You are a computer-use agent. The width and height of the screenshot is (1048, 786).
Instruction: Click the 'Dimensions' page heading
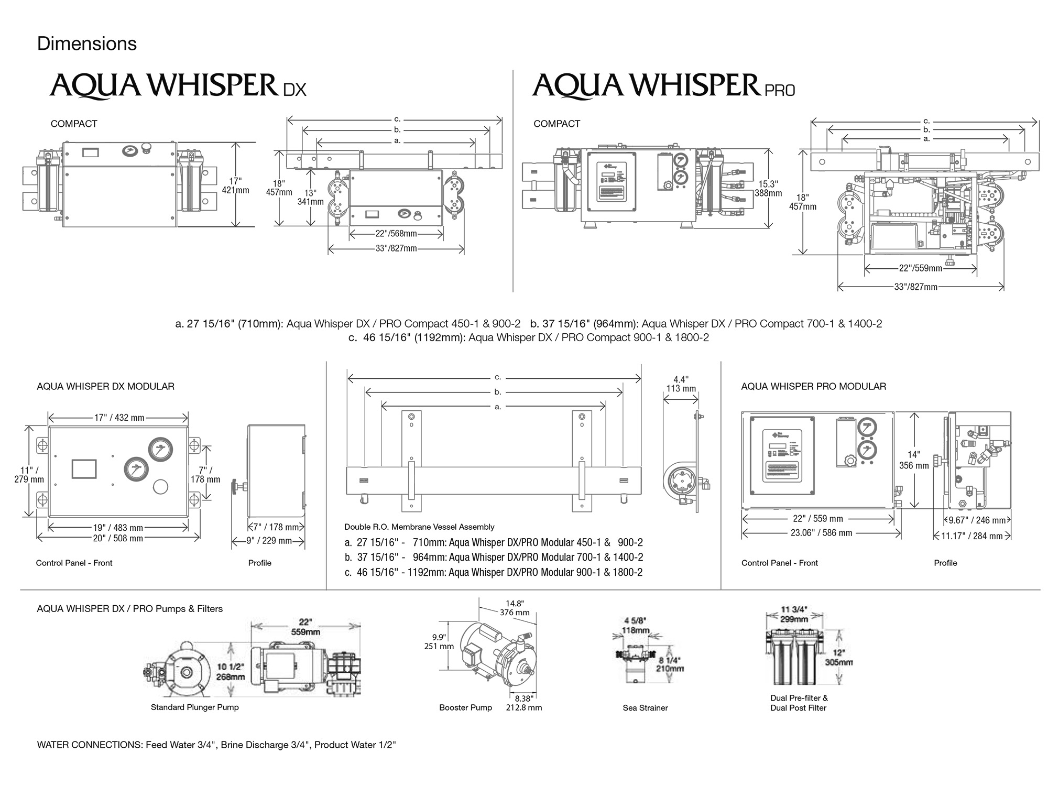pyautogui.click(x=87, y=43)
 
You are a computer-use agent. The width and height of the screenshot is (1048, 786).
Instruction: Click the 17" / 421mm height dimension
pyautogui.click(x=235, y=185)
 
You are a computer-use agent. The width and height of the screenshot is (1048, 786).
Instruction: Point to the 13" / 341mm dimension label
pyautogui.click(x=310, y=197)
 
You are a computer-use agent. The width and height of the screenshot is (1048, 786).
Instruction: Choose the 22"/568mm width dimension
pyautogui.click(x=396, y=234)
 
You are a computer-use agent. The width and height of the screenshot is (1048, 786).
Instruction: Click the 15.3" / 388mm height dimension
pyautogui.click(x=768, y=189)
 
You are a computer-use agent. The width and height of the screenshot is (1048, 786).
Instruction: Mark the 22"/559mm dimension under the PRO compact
pyautogui.click(x=920, y=268)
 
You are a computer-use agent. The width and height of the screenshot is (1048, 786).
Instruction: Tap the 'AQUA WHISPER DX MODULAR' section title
pyautogui.click(x=105, y=386)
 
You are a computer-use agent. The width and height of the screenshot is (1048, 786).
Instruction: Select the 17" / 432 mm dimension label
pyautogui.click(x=119, y=418)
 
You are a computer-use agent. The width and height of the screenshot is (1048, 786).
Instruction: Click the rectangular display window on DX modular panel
pyautogui.click(x=84, y=468)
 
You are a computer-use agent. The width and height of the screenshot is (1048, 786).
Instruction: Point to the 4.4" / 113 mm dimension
pyautogui.click(x=681, y=384)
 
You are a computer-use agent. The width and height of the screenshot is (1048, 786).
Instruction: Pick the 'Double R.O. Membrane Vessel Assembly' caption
pyautogui.click(x=419, y=527)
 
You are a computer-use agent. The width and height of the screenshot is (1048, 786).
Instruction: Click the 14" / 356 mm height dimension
pyautogui.click(x=914, y=460)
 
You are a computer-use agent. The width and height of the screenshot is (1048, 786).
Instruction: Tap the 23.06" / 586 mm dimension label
pyautogui.click(x=821, y=533)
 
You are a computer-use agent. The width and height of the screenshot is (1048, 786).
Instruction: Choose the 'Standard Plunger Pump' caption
pyautogui.click(x=194, y=707)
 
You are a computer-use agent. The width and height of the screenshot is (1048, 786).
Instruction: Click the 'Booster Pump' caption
pyautogui.click(x=465, y=707)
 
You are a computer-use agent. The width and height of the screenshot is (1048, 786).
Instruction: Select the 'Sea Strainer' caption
pyautogui.click(x=645, y=707)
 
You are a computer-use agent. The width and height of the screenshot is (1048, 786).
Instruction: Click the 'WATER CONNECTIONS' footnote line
pyautogui.click(x=216, y=745)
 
